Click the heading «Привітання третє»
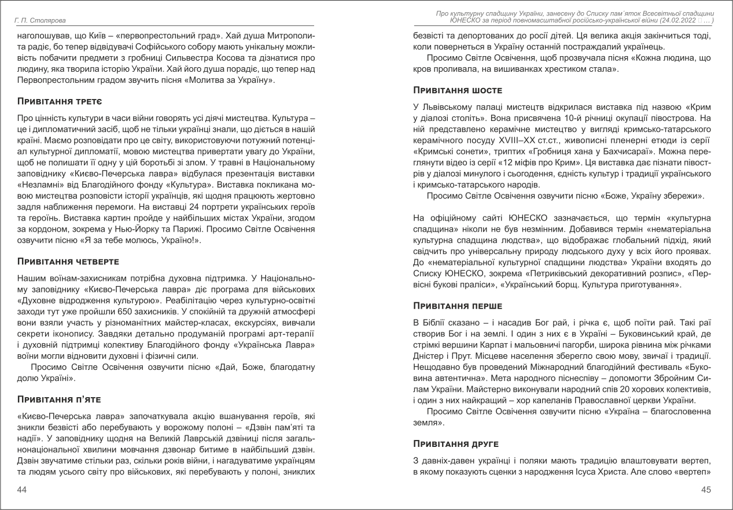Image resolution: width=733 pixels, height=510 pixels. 60,102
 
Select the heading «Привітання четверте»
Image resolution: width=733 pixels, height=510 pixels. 69,261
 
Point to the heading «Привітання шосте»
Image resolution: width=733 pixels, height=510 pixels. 458,90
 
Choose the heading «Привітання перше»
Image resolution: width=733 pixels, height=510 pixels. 458,305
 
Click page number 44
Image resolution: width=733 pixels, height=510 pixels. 23,490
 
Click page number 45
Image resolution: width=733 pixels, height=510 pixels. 706,490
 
